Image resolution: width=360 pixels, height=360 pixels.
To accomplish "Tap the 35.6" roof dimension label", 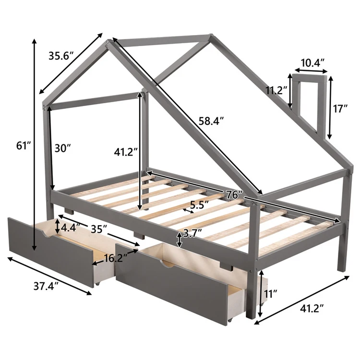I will (x=61, y=56).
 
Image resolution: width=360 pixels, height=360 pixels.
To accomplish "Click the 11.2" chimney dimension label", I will (x=276, y=90).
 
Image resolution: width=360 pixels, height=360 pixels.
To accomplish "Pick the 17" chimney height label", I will (x=342, y=108).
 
